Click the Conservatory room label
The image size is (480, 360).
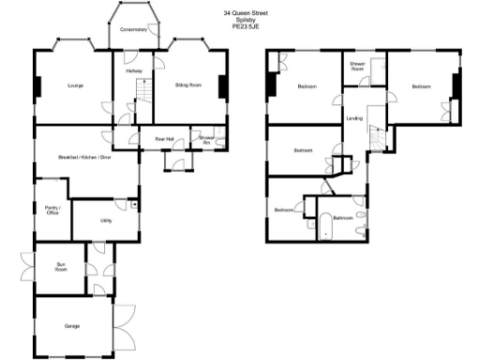tap(135, 30)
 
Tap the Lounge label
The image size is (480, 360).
tap(76, 86)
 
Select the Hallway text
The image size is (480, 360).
tap(133, 70)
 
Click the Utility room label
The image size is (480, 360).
tap(107, 220)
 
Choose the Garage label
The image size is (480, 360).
tap(71, 326)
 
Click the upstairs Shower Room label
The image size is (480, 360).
tap(357, 66)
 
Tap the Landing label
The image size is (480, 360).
tap(354, 119)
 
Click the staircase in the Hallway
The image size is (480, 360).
tap(145, 93)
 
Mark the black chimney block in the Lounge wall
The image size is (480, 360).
tap(37, 86)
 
